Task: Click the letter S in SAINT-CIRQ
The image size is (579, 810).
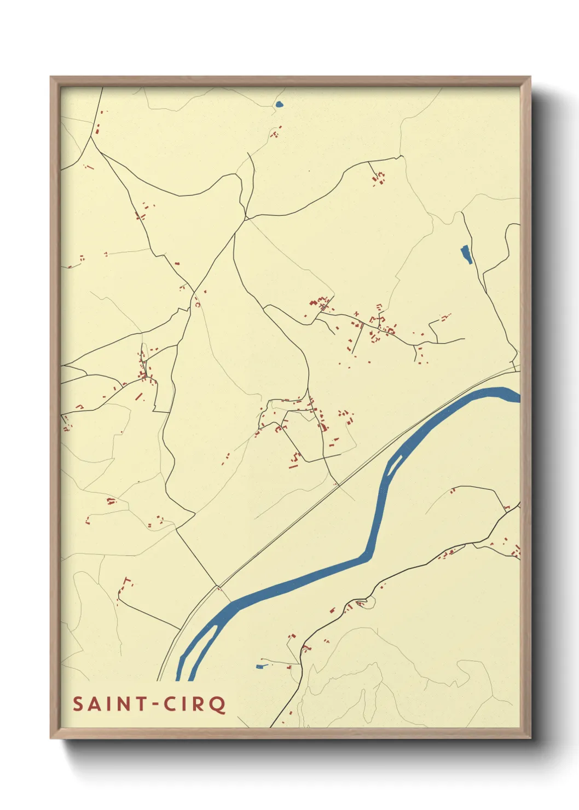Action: [x=78, y=704]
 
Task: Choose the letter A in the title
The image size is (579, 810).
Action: [x=94, y=704]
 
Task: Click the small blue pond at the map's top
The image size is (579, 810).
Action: [x=279, y=104]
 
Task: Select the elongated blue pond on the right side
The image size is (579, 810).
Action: [x=466, y=254]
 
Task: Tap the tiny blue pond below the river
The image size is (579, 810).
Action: [x=260, y=666]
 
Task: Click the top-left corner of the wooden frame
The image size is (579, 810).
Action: [x=51, y=78]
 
